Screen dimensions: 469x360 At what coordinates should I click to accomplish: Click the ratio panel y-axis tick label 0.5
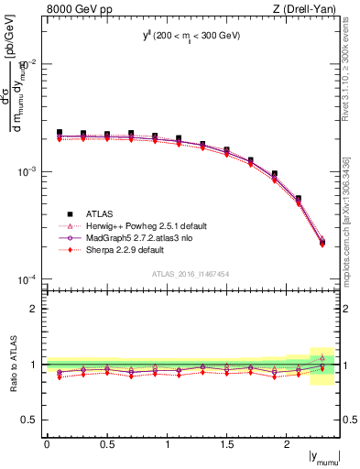point(29,420)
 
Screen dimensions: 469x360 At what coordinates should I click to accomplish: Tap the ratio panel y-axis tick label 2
point(34,309)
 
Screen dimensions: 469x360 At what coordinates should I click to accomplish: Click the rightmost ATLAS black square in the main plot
point(322,243)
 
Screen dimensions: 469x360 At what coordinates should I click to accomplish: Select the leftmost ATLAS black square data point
point(60,133)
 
